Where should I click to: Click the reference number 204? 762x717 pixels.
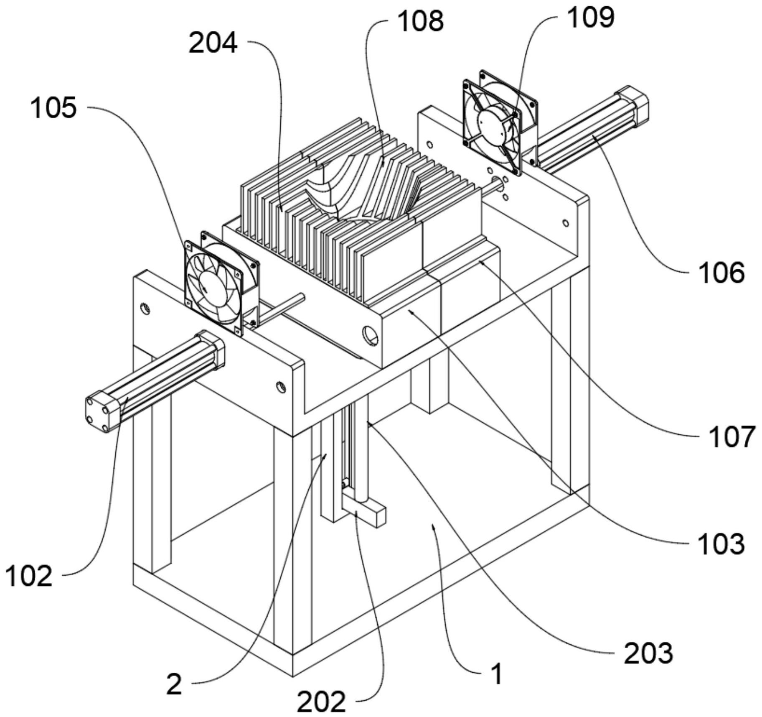[213, 43]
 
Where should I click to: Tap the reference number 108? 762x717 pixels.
[420, 20]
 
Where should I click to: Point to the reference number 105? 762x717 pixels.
[53, 107]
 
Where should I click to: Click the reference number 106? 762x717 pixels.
[722, 273]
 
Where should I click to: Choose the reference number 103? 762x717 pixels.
[721, 543]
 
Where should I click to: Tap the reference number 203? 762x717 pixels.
[648, 653]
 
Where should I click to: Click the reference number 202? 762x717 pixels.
[321, 701]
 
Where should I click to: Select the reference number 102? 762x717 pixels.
[28, 576]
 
